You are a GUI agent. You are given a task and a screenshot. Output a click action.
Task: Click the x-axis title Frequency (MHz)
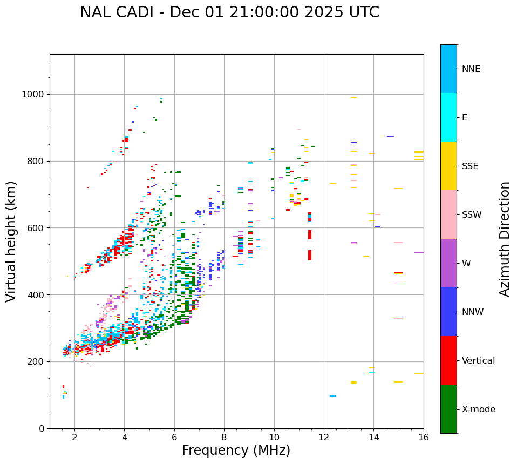(236, 451)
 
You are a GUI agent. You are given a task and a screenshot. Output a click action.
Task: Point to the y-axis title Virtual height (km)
(11, 241)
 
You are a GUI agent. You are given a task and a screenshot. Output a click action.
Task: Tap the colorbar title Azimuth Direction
(505, 239)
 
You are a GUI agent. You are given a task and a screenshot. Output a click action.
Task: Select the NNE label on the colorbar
(471, 69)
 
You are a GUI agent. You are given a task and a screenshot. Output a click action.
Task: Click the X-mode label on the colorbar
(479, 410)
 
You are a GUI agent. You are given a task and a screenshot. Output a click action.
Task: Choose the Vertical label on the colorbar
(479, 361)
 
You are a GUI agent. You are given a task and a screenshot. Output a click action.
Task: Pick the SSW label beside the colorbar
(472, 215)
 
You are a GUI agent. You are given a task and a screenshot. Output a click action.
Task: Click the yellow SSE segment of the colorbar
(448, 166)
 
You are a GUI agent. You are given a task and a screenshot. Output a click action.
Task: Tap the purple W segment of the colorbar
(448, 263)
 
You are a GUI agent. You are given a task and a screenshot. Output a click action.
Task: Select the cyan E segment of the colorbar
(448, 117)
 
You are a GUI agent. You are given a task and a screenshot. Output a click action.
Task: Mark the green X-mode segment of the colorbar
(448, 409)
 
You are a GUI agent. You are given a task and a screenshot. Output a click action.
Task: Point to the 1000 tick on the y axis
(33, 95)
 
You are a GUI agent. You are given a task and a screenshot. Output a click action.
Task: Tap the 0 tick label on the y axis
(42, 428)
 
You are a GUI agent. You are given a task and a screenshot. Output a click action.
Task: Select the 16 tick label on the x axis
(424, 437)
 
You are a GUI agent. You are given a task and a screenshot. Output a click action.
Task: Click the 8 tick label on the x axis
(224, 437)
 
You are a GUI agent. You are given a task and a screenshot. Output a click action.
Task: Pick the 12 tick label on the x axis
(324, 437)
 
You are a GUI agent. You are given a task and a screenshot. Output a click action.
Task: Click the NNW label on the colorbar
(473, 312)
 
